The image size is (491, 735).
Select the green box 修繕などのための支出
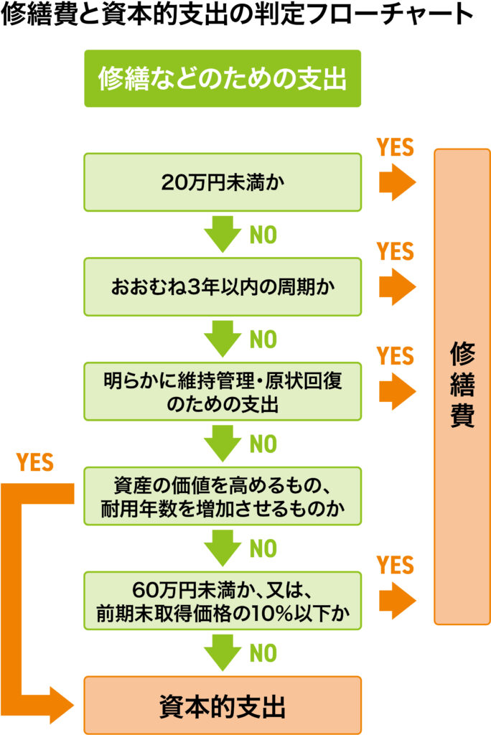tap(222, 78)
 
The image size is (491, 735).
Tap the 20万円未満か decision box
tap(222, 182)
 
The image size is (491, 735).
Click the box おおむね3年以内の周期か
tap(222, 286)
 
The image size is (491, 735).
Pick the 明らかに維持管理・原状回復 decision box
tap(222, 391)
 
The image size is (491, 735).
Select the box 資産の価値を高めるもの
tap(222, 496)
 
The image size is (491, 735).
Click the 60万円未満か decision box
tap(222, 601)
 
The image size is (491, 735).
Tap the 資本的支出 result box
tap(222, 706)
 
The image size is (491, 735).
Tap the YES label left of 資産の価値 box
tap(34, 462)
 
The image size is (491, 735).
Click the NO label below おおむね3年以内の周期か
tap(263, 340)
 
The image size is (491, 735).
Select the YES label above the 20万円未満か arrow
tap(396, 148)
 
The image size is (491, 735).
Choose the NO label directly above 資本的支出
tap(263, 653)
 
